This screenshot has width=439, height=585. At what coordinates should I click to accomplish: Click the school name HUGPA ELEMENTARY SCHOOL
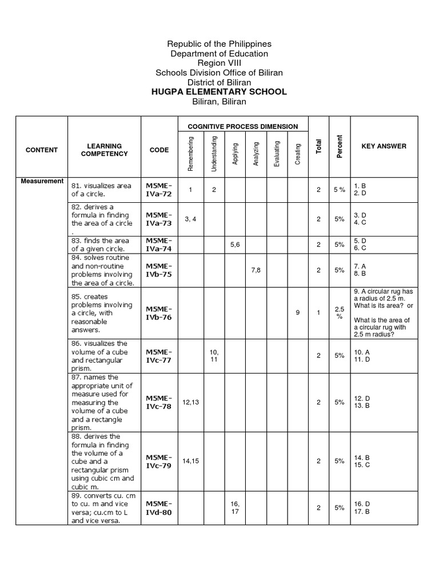point(219,92)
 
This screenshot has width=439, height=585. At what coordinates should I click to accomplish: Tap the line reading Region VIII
point(219,63)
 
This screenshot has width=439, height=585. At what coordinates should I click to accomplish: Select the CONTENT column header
point(42,150)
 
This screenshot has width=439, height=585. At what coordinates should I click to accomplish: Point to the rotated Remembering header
point(191,153)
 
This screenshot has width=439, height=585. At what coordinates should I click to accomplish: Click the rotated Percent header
point(340,147)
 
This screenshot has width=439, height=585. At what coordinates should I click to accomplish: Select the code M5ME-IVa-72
point(158,190)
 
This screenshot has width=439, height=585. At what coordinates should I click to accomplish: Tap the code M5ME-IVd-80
point(158,508)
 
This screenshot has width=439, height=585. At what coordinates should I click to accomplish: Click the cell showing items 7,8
point(256,270)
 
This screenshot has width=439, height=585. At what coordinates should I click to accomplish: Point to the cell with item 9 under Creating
point(298,312)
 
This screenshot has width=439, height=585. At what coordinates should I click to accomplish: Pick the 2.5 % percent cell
point(340,312)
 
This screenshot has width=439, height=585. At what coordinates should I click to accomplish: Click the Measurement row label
point(42,181)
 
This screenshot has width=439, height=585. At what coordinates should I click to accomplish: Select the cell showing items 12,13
point(191,402)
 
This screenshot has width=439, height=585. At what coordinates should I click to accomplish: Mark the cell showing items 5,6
point(234,245)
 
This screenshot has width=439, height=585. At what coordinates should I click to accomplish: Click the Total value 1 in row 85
point(318,312)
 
